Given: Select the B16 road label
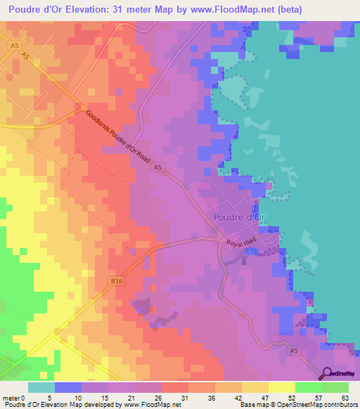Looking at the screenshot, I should click(x=117, y=280).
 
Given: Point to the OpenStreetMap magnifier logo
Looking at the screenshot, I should click(x=328, y=374).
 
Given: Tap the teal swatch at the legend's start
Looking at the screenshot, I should click(x=41, y=387).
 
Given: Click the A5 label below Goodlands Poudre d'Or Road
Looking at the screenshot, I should click(x=158, y=167).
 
